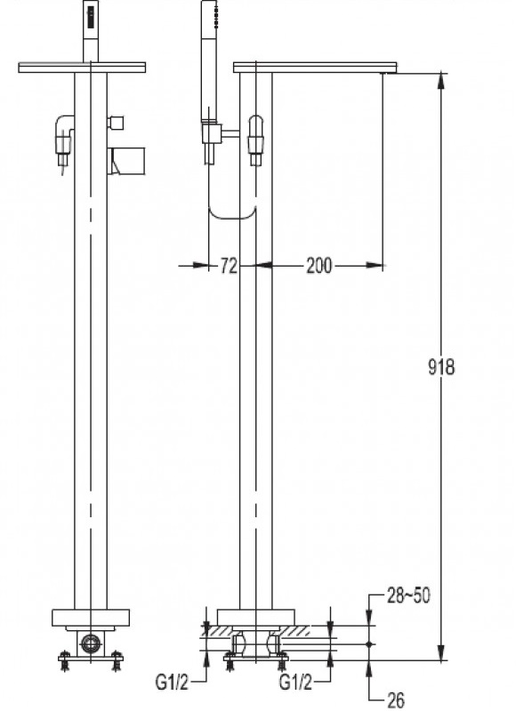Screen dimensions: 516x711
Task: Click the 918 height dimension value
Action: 441,366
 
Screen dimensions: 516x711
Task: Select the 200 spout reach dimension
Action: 319,265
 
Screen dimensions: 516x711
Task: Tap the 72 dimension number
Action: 229,266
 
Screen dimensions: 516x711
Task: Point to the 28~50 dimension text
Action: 408,595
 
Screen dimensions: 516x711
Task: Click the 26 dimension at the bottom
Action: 395,700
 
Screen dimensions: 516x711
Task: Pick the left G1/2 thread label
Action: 172,682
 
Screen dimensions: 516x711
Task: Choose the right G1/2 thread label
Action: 296,682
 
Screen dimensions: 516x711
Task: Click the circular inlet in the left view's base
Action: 91,642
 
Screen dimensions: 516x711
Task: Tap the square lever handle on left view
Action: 126,161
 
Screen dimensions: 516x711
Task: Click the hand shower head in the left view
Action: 91,31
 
